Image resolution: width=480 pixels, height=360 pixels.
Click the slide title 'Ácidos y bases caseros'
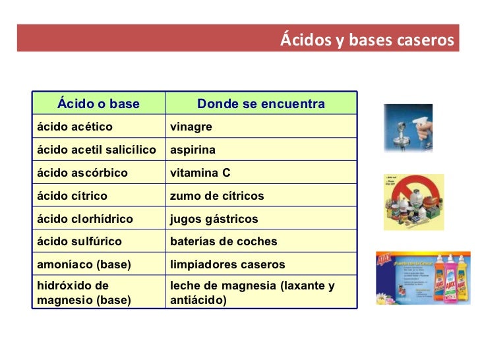(367, 41)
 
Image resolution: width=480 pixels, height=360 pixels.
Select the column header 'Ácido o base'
(98, 104)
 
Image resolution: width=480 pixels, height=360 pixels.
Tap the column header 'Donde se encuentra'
(261, 104)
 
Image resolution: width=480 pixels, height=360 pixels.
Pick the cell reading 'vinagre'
(191, 127)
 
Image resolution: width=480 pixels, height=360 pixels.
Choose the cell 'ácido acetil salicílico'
(96, 150)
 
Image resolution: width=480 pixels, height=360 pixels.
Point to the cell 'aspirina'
(193, 150)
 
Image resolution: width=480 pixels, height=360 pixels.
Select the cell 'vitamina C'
(200, 173)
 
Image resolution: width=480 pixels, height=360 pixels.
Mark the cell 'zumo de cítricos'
(217, 196)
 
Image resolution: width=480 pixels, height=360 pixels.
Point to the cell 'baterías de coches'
(224, 241)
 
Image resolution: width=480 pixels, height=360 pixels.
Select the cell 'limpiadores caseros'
(227, 264)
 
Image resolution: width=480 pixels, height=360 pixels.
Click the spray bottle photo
(408, 127)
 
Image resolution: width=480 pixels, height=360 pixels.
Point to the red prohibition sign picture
(413, 202)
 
